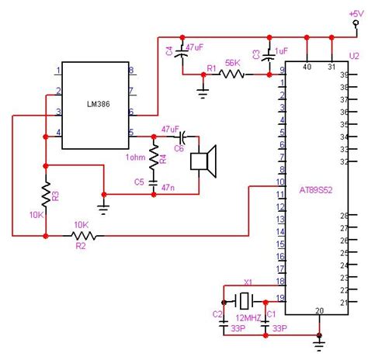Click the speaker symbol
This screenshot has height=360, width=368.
click(x=203, y=160)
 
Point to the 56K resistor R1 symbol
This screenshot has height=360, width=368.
click(x=232, y=74)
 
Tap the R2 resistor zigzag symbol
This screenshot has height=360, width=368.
click(x=82, y=234)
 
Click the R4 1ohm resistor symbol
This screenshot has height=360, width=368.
click(x=153, y=158)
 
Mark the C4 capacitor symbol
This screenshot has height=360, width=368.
click(x=182, y=52)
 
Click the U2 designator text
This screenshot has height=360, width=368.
click(x=354, y=56)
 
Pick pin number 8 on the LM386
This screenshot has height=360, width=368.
click(x=131, y=71)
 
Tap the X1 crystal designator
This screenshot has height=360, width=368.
click(x=248, y=282)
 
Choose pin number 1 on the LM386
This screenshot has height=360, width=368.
click(x=57, y=71)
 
